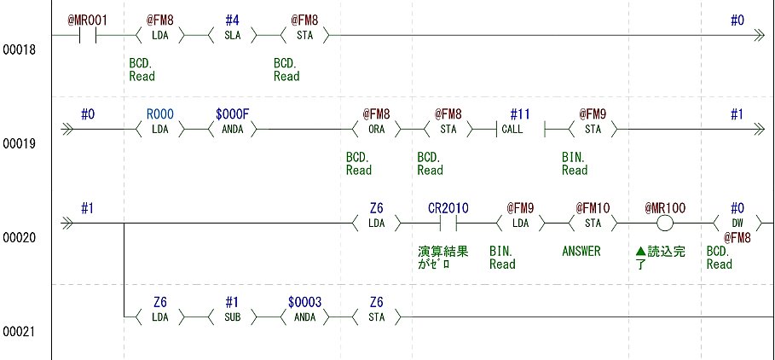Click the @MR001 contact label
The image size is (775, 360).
click(x=87, y=20)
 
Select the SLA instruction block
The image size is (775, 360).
click(x=232, y=36)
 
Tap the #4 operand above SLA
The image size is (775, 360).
click(x=232, y=20)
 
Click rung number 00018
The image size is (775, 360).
click(x=20, y=50)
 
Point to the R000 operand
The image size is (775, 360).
click(x=159, y=114)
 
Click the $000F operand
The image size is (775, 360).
click(x=232, y=114)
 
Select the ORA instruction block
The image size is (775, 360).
click(x=377, y=130)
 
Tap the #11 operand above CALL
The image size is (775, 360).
click(x=520, y=114)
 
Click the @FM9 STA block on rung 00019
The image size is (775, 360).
click(x=593, y=130)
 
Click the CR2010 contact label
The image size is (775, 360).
click(x=448, y=209)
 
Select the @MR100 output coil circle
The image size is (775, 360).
click(x=665, y=224)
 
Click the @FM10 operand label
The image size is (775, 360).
click(x=593, y=209)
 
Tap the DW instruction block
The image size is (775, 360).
click(x=737, y=224)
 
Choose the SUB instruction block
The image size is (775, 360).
click(x=232, y=317)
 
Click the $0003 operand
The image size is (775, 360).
click(x=304, y=303)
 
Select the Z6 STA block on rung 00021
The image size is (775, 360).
click(x=377, y=317)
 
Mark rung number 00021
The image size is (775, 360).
click(x=20, y=331)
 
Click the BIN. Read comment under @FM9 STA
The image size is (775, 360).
click(x=575, y=164)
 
